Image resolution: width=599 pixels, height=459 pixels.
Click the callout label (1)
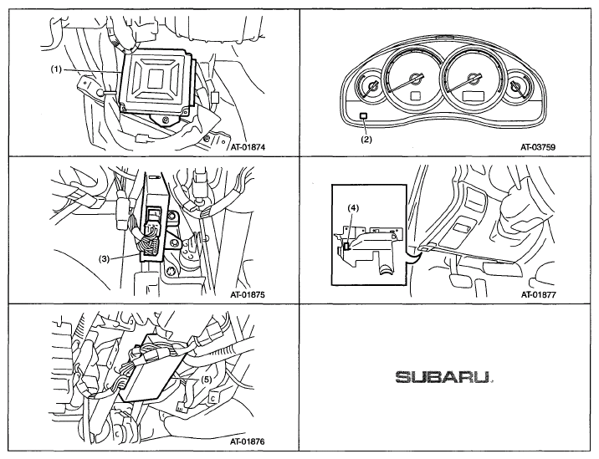tap(56, 69)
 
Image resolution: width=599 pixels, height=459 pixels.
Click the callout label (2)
tap(366, 140)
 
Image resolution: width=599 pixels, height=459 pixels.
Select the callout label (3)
tap(105, 259)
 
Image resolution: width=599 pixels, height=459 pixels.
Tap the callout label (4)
tap(353, 208)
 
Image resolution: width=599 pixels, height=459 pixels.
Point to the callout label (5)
tap(207, 380)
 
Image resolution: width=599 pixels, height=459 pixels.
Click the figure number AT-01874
tap(248, 146)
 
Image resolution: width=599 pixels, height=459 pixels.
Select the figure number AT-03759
tap(538, 146)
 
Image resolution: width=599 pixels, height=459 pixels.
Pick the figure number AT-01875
tap(248, 295)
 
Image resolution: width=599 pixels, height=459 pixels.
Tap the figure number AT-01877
tap(538, 295)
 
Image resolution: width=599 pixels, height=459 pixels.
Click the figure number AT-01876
tap(248, 441)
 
